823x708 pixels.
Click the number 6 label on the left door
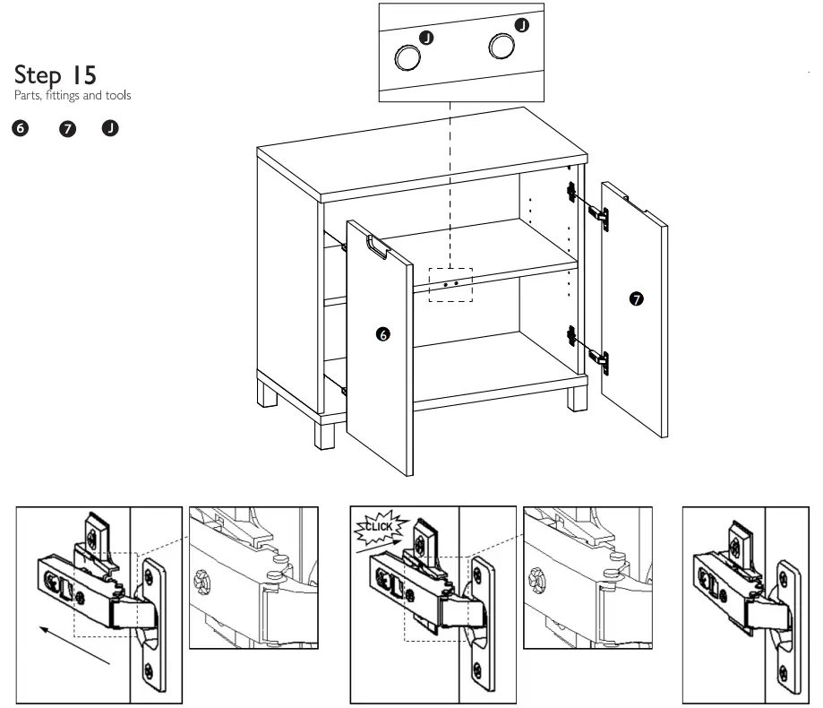click(383, 334)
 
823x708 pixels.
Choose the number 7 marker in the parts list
click(65, 129)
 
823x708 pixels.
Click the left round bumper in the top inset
click(408, 57)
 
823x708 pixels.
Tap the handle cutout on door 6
click(377, 248)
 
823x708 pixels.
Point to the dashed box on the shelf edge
click(450, 283)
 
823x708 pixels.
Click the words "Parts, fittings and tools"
click(73, 96)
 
